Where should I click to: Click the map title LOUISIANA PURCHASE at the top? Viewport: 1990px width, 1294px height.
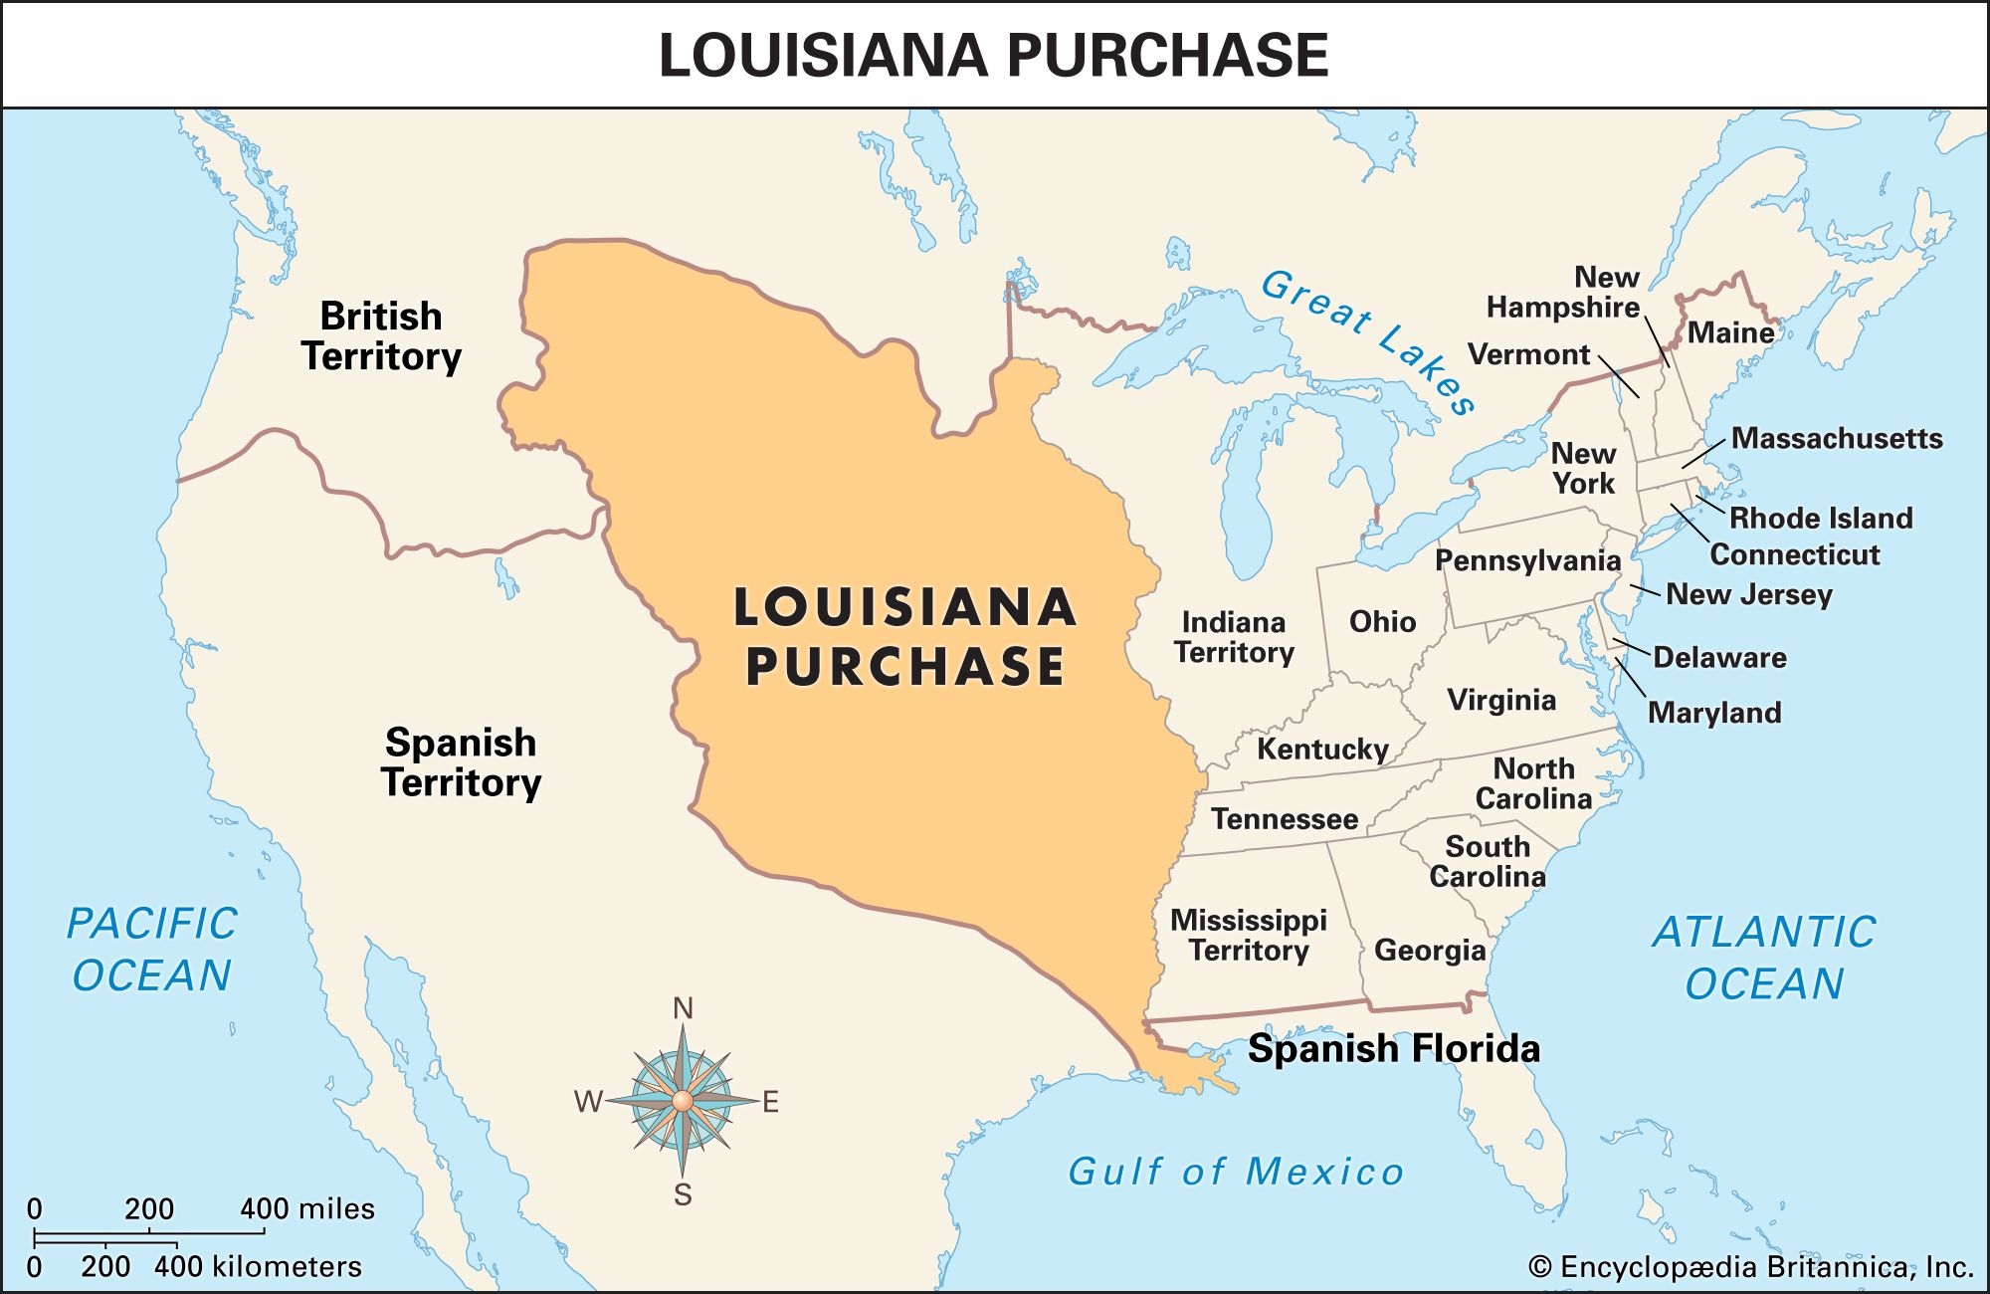pos(993,55)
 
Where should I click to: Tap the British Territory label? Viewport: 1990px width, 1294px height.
pos(381,336)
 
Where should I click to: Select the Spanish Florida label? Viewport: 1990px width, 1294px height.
pos(1393,1049)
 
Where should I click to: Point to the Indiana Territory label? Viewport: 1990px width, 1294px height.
pos(1234,637)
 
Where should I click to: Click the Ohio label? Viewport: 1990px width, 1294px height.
pos(1382,622)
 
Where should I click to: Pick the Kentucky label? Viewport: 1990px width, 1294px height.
pos(1322,749)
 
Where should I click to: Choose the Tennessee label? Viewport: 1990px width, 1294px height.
pos(1285,819)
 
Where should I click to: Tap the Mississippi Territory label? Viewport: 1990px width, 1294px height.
pos(1249,935)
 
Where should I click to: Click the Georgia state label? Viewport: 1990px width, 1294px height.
pos(1430,951)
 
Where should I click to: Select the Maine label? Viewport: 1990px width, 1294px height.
pos(1731,332)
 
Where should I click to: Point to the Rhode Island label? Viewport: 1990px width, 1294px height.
pos(1821,518)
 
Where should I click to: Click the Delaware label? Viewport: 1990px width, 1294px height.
pos(1719,657)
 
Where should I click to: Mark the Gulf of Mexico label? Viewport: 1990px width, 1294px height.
pos(1235,1172)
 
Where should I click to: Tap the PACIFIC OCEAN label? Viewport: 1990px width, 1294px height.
pos(152,949)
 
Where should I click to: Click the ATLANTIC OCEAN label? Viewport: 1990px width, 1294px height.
pos(1764,958)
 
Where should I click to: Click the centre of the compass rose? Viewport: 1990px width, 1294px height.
pos(682,1101)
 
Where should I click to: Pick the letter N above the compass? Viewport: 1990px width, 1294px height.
pos(683,1009)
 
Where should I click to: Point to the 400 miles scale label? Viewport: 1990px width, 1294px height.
pos(307,1209)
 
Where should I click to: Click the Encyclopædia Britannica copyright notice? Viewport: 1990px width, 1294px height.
pos(1750,1267)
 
